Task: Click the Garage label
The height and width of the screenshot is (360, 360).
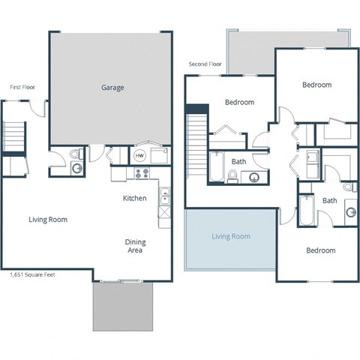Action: click(x=112, y=88)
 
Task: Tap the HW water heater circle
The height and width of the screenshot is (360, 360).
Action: click(x=139, y=156)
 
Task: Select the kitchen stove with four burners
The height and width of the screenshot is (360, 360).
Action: click(x=141, y=174)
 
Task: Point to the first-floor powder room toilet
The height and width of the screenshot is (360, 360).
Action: click(x=73, y=154)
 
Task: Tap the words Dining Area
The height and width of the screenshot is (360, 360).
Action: click(x=135, y=247)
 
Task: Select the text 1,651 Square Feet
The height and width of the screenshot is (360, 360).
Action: click(x=27, y=275)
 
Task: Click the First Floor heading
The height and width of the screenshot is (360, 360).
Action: click(x=22, y=87)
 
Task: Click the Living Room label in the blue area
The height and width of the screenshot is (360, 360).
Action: click(x=230, y=236)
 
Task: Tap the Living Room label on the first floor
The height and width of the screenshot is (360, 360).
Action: click(x=48, y=220)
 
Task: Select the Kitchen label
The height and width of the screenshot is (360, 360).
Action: click(x=134, y=199)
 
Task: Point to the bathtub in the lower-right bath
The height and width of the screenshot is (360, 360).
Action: click(x=305, y=211)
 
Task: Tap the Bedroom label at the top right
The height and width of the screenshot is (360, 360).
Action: click(x=316, y=85)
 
